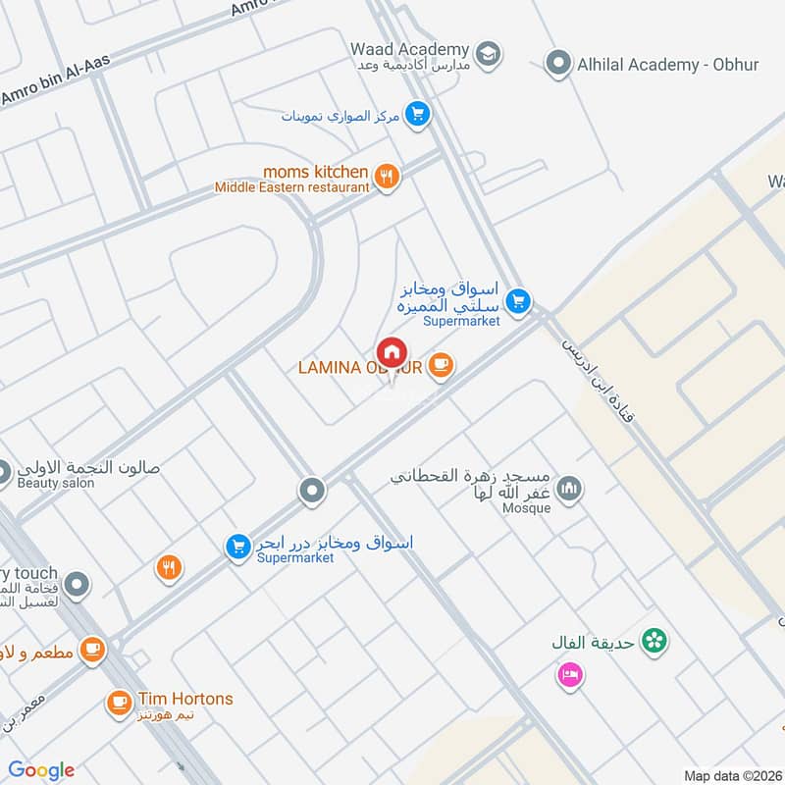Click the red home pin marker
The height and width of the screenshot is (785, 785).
point(391,352)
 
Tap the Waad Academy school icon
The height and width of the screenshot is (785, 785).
point(489,52)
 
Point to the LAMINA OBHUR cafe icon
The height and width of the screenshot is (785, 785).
point(442,366)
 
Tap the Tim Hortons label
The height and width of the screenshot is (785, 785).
point(185,699)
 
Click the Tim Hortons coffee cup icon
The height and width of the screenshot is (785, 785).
point(120,702)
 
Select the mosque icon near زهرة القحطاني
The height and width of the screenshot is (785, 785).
point(568,488)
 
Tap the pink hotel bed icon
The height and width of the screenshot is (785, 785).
point(569,674)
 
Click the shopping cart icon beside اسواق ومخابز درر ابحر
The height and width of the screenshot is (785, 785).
point(236,548)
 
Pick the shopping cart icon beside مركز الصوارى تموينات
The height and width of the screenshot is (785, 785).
point(419,115)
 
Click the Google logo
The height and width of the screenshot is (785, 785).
point(41,770)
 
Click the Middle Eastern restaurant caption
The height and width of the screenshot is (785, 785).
point(293,187)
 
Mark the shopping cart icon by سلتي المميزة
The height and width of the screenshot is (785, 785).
point(520,301)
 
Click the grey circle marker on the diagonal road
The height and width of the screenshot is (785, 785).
point(312,491)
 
